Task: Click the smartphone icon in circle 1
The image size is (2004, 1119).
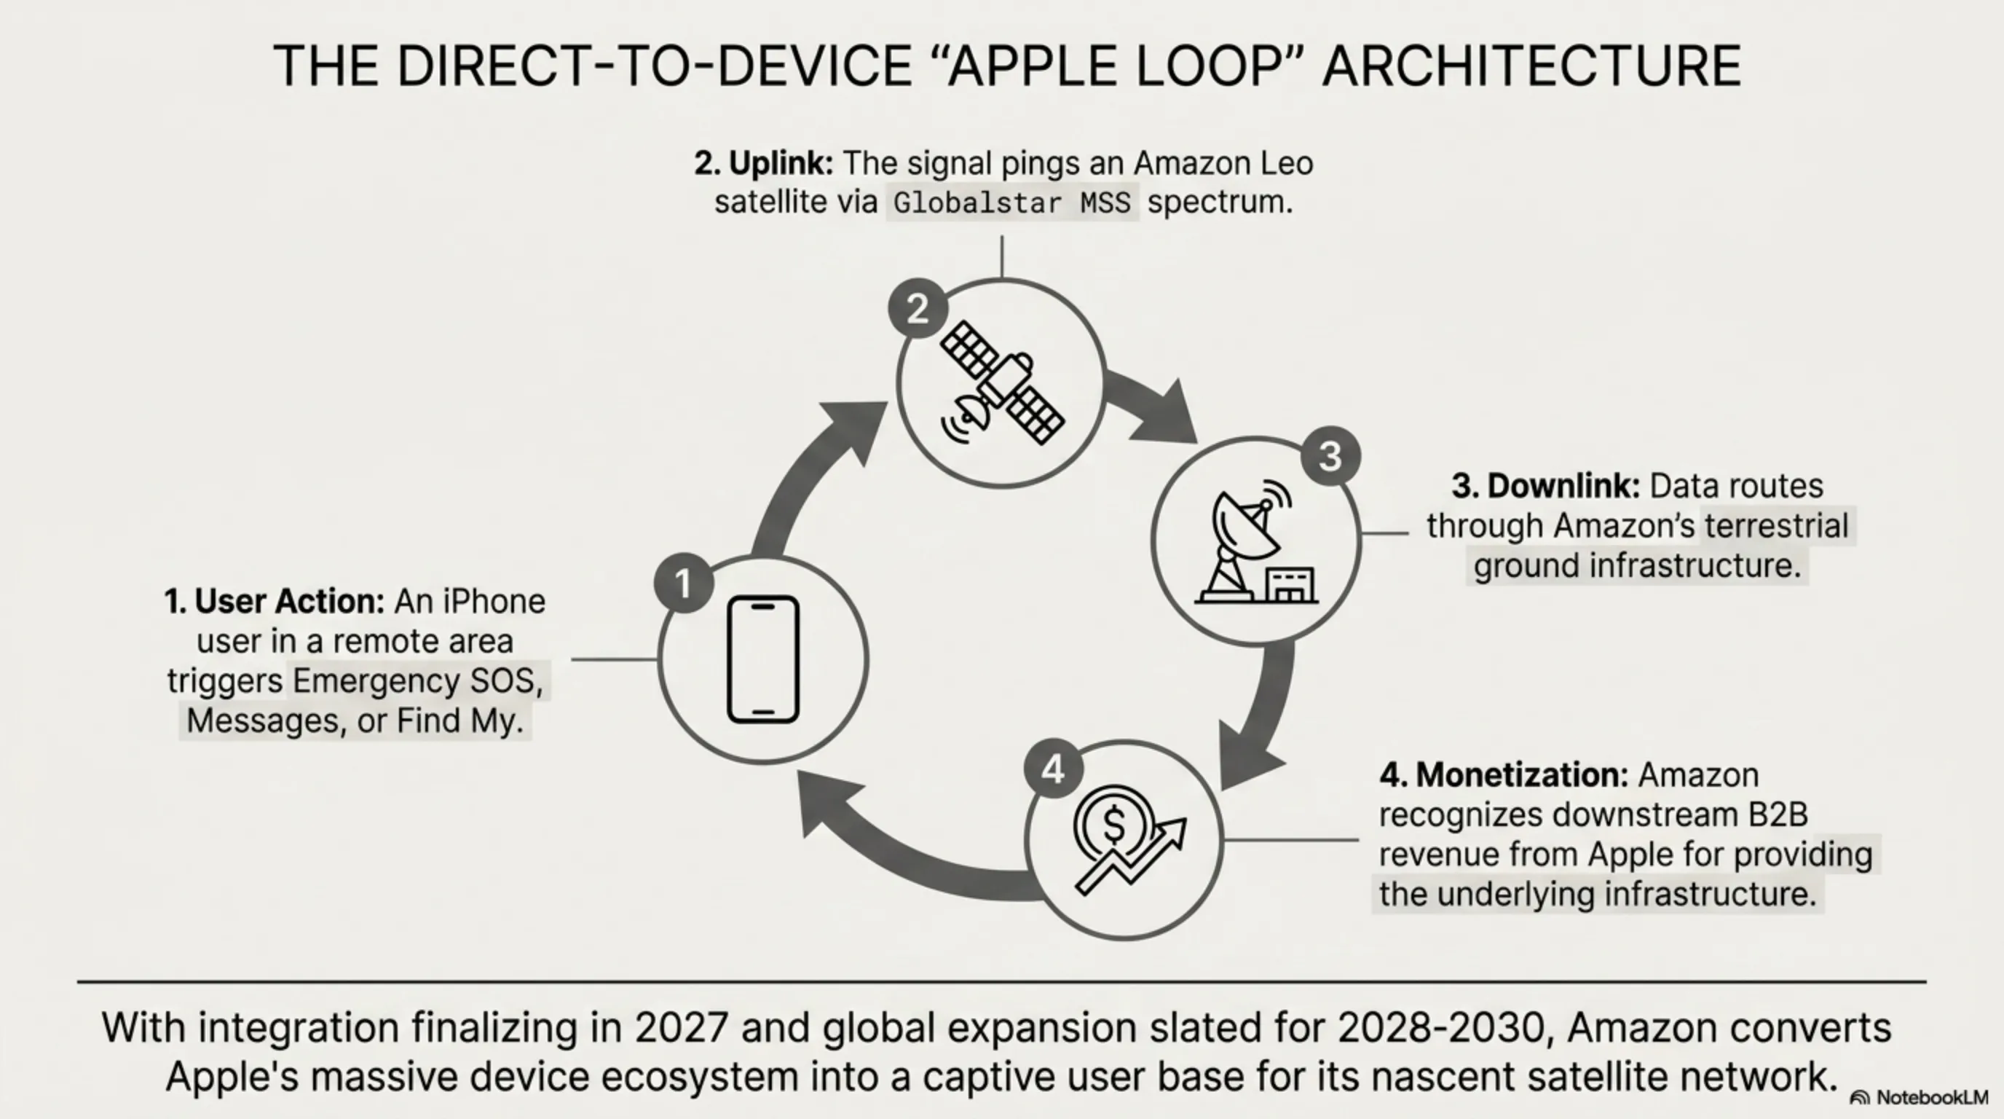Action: pyautogui.click(x=763, y=659)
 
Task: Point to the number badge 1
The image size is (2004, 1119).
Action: pyautogui.click(x=684, y=583)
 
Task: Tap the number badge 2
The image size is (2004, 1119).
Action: pyautogui.click(x=918, y=308)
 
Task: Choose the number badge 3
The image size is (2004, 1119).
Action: pyautogui.click(x=1330, y=456)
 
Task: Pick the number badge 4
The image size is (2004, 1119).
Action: pyautogui.click(x=1054, y=769)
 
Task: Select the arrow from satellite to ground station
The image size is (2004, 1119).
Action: pyautogui.click(x=1151, y=409)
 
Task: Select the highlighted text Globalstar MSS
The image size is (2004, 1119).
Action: pyautogui.click(x=1012, y=203)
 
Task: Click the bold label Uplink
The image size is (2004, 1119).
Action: pyautogui.click(x=781, y=163)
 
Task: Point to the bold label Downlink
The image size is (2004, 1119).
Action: pyautogui.click(x=1563, y=487)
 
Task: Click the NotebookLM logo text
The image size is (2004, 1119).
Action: pyautogui.click(x=1933, y=1097)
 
